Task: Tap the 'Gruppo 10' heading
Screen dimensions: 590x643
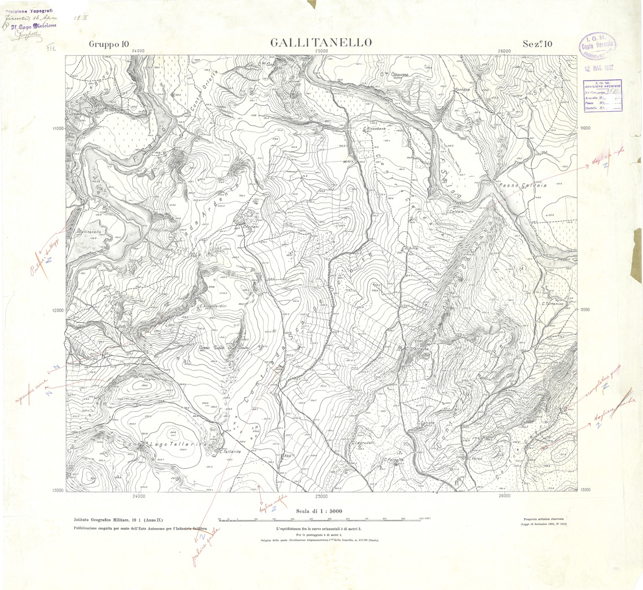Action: pos(109,44)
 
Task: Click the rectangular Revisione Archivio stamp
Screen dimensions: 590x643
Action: pos(603,95)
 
